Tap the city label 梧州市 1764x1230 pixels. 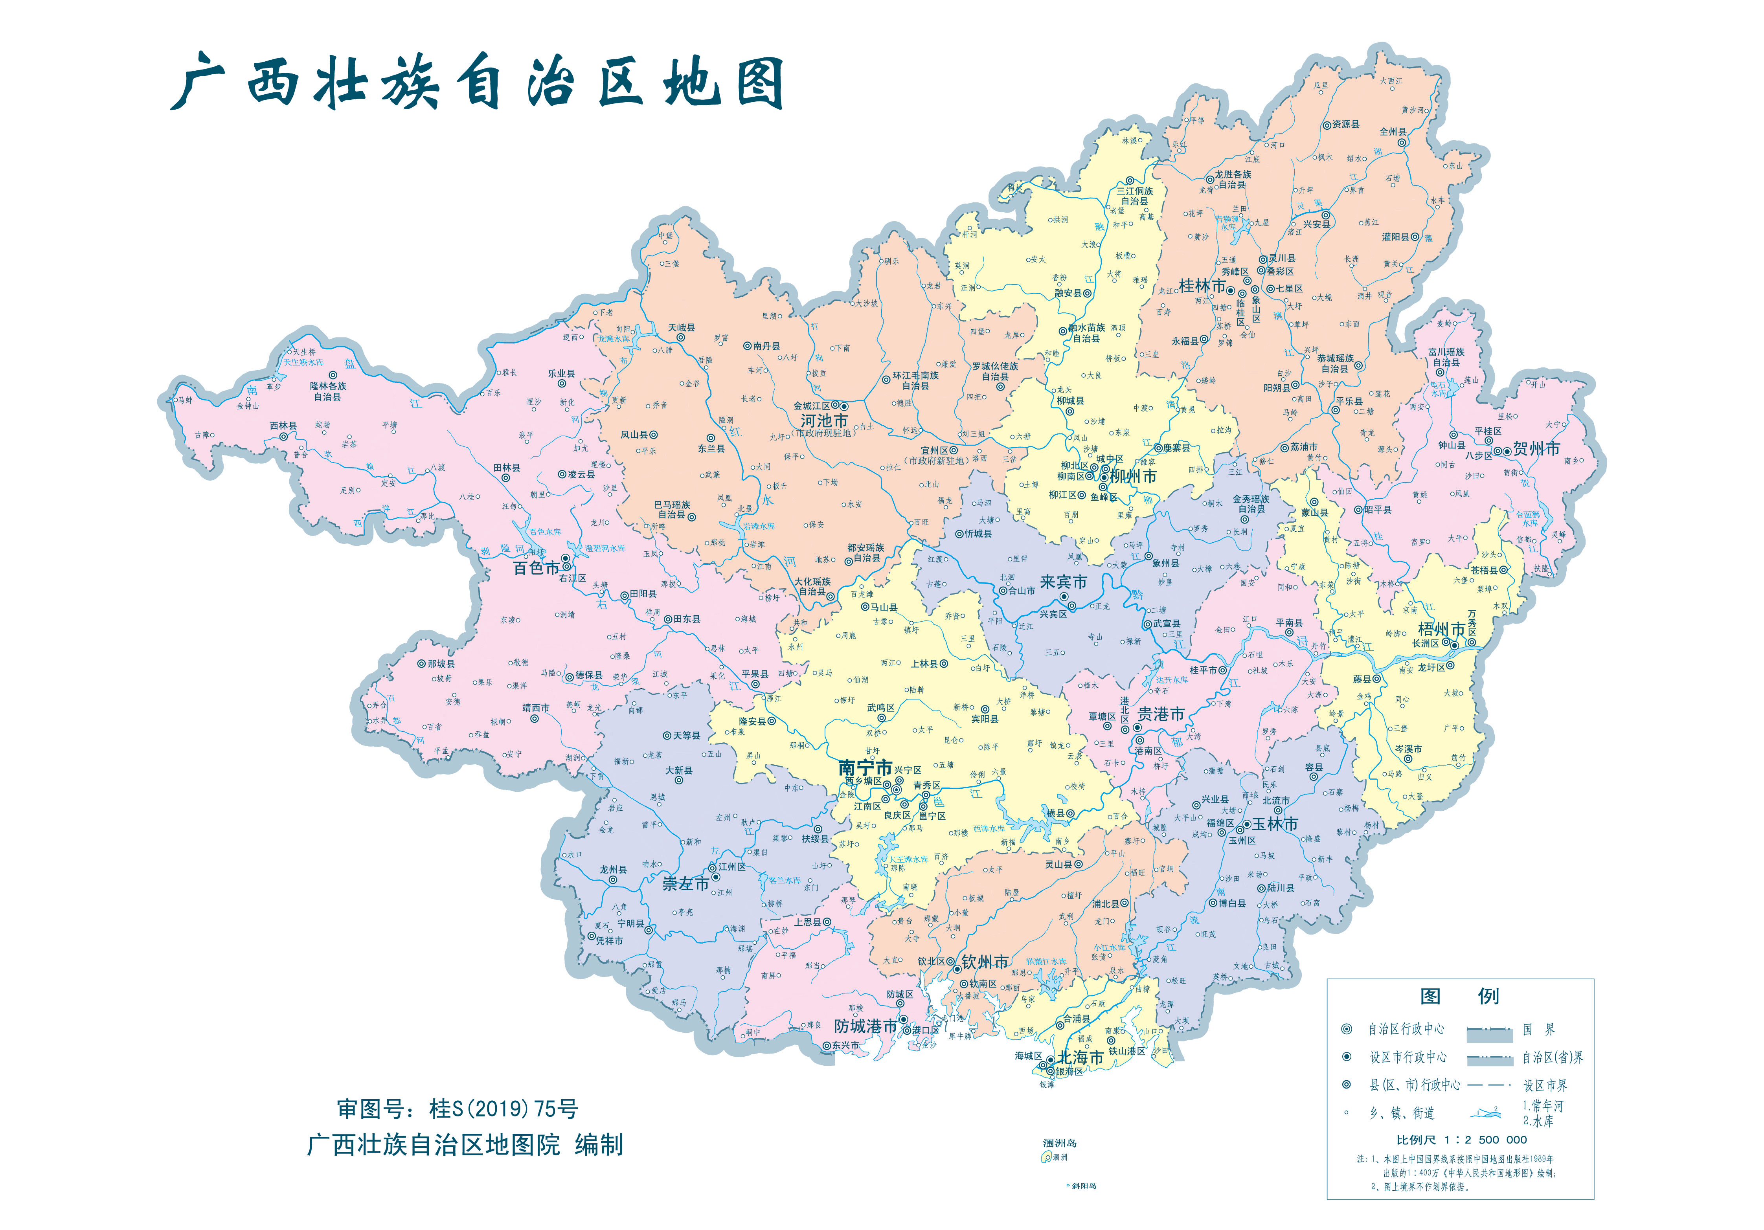coord(1441,629)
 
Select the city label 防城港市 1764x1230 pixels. coord(865,1026)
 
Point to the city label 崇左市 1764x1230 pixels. coord(685,884)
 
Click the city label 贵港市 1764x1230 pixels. coord(1160,714)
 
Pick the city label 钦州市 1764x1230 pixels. coord(985,962)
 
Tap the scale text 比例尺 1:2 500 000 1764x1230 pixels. coord(1461,1140)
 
